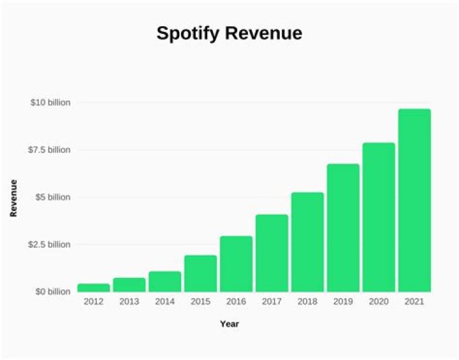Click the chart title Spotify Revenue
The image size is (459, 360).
click(x=229, y=34)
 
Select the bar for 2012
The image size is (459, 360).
click(x=93, y=288)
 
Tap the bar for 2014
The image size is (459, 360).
click(x=164, y=282)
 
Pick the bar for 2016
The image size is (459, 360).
click(x=236, y=264)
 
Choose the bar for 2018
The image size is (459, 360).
click(x=307, y=242)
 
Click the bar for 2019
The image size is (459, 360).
click(x=343, y=228)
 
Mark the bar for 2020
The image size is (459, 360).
click(x=379, y=217)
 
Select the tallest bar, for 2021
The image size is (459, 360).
click(x=414, y=200)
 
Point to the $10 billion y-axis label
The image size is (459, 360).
click(x=50, y=103)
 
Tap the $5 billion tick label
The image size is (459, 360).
click(x=52, y=197)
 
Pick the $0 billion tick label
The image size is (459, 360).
click(x=52, y=292)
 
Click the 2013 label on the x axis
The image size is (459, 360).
click(x=129, y=301)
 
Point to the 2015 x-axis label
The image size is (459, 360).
click(x=200, y=301)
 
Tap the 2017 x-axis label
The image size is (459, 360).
click(x=272, y=301)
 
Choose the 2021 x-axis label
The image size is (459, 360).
click(x=414, y=301)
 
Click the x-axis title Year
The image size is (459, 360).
click(x=229, y=324)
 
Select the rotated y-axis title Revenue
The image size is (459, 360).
click(x=13, y=198)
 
